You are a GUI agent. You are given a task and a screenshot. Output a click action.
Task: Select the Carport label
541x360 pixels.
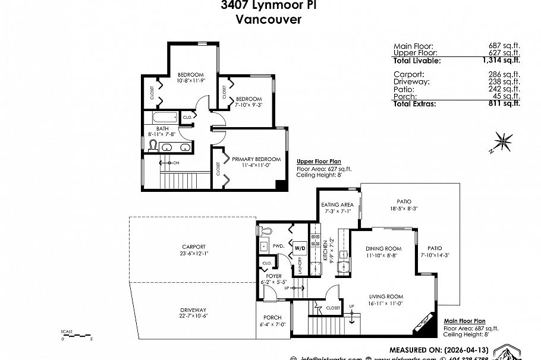click(194, 247)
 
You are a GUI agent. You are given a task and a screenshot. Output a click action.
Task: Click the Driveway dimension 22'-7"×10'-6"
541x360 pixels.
click(194, 316)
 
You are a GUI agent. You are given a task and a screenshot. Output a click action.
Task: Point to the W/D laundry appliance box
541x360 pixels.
click(299, 247)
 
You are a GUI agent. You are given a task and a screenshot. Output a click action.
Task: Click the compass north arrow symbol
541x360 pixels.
click(503, 142)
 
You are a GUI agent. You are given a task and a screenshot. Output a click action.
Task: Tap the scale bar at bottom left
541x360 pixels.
click(77, 336)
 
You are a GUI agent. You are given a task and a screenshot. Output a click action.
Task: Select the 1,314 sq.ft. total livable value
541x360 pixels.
click(504, 61)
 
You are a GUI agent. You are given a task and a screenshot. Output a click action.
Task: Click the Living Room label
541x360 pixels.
click(386, 296)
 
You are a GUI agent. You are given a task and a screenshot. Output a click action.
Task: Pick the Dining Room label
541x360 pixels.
click(383, 248)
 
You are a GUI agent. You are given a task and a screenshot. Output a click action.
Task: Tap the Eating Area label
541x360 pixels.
click(339, 204)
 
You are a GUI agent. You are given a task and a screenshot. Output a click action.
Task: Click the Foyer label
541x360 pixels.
click(273, 276)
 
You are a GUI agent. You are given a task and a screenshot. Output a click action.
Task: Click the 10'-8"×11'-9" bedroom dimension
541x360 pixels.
click(191, 80)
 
